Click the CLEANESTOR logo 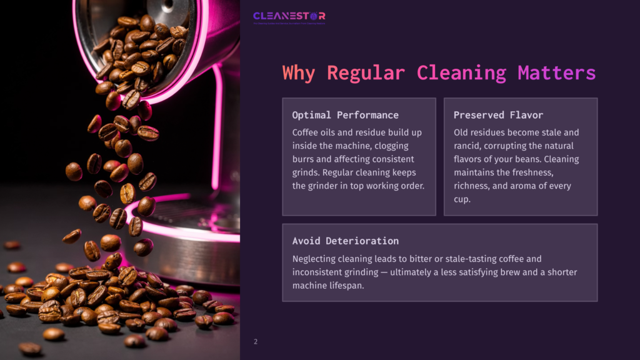[x=289, y=17]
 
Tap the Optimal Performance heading [x=345, y=115]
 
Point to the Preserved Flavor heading [x=498, y=115]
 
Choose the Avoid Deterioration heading [x=345, y=241]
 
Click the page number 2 [x=256, y=342]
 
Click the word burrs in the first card [x=304, y=159]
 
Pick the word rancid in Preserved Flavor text [x=467, y=146]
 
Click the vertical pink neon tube [x=217, y=125]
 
